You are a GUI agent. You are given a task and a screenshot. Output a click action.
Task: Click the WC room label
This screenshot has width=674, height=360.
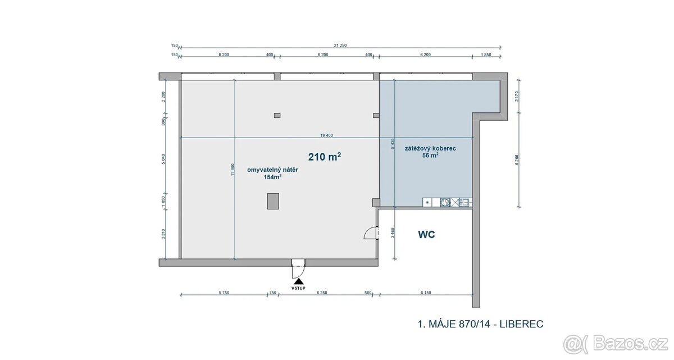[427, 235]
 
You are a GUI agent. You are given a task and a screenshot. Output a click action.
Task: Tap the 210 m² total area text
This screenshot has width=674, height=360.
[325, 157]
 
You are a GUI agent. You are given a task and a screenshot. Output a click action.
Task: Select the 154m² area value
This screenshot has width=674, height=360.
[272, 177]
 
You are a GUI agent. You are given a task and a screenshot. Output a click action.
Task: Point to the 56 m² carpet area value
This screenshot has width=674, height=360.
[430, 156]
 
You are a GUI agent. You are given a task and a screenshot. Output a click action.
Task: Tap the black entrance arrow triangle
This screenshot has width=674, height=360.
[298, 280]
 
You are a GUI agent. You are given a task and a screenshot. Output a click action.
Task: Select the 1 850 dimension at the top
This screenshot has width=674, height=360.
[486, 54]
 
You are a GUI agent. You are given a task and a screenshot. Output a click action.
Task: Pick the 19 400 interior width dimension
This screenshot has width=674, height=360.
[327, 135]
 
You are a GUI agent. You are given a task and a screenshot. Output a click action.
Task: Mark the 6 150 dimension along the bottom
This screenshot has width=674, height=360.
[425, 292]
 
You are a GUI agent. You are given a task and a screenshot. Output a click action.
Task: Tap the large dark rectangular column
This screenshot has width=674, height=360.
[273, 200]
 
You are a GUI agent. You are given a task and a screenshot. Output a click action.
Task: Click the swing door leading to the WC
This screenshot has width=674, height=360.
[370, 231]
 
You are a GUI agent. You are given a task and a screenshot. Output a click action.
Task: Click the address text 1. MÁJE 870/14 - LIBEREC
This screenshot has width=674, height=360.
[480, 323]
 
